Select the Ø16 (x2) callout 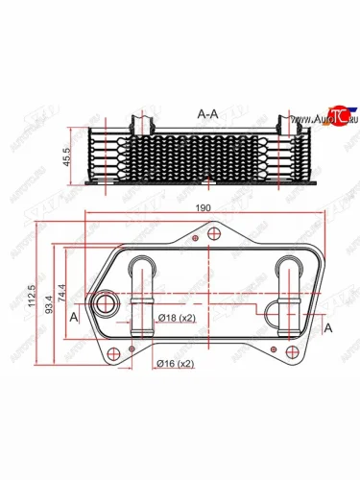click(x=176, y=364)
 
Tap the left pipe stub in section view click(x=141, y=123)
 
